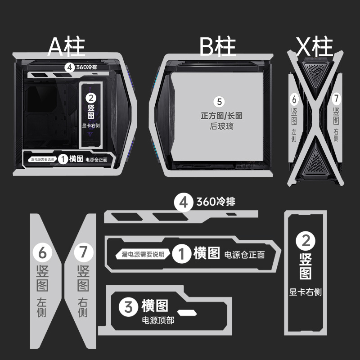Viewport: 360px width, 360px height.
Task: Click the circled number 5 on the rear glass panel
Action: tap(219, 102)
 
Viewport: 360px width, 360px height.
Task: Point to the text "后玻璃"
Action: tap(221, 126)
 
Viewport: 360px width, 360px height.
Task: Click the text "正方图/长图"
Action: tap(221, 116)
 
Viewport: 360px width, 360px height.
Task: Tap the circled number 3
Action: tap(128, 307)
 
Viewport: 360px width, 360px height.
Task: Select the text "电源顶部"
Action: tap(158, 320)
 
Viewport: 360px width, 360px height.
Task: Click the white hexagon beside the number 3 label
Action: tap(187, 312)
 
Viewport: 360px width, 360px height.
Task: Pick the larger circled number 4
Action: tap(183, 202)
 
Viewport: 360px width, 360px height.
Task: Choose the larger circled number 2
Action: tap(306, 241)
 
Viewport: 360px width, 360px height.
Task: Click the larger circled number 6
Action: tap(42, 253)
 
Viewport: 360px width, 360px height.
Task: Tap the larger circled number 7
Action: tap(84, 252)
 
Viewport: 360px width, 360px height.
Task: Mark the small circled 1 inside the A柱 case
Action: tap(63, 159)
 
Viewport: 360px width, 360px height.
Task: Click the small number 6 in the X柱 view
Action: tap(294, 99)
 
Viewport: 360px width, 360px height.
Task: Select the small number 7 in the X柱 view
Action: tap(336, 99)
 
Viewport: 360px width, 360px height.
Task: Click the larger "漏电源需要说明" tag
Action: tap(143, 254)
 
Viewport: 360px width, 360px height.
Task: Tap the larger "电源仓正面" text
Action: tap(244, 255)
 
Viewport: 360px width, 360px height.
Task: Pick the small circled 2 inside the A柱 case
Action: tap(91, 98)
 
